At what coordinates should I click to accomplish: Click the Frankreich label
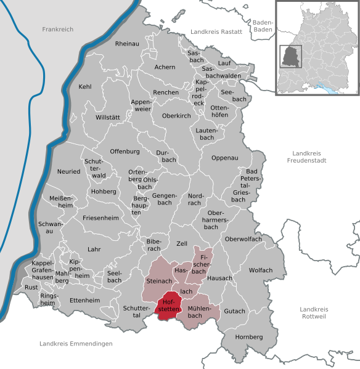pos(57,29)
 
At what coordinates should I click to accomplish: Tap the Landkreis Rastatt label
pos(215,31)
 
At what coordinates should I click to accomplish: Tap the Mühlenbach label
pos(198,312)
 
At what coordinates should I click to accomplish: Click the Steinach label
pos(158,281)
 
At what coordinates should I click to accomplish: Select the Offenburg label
pos(125,151)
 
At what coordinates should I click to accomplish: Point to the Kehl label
pos(85,87)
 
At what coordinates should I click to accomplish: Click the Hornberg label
pos(248,337)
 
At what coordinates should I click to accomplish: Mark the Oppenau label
pos(224,158)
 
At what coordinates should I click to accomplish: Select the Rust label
pos(31,288)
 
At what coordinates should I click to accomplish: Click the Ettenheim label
pos(84,300)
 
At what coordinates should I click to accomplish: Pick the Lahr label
pos(94,249)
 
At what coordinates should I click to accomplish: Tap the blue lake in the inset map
pos(332,89)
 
